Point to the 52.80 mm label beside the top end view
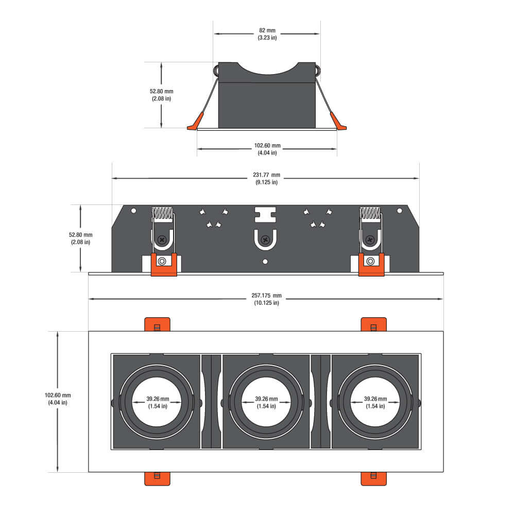pyautogui.click(x=161, y=95)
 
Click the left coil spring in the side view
pyautogui.click(x=162, y=212)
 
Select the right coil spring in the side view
pyautogui.click(x=370, y=212)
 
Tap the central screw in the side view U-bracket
pyautogui.click(x=265, y=239)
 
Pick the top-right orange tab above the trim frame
pyautogui.click(x=374, y=325)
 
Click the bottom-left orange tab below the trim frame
pyautogui.click(x=157, y=478)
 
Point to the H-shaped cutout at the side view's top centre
pyautogui.click(x=265, y=214)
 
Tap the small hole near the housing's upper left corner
pyautogui.click(x=133, y=211)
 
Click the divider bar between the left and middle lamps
pyautogui.click(x=211, y=401)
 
